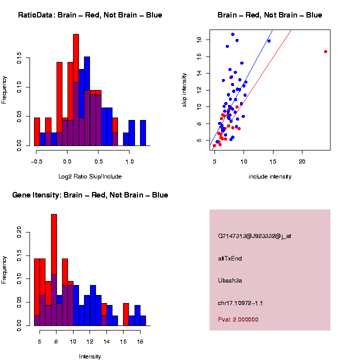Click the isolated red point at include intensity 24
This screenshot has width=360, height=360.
pos(325,51)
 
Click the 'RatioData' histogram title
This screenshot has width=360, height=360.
pos(90,15)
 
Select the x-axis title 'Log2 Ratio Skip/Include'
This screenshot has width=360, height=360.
pos(90,176)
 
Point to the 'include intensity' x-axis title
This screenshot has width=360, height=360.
pos(270,176)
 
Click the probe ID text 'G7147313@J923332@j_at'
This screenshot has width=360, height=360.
pos(254,236)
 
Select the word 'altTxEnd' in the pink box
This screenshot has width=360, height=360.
pos(230,258)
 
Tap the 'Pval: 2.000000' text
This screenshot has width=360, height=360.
pos(238,319)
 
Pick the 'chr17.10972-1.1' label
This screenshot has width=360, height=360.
pos(240,303)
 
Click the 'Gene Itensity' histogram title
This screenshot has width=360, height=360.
pos(90,195)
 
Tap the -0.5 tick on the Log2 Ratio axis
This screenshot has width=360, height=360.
pos(36,161)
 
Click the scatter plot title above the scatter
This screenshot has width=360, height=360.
pos(270,15)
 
